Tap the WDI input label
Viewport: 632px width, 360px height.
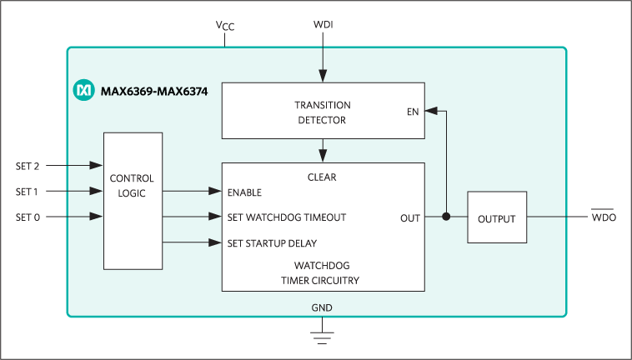[323, 25]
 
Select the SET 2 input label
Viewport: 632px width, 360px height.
[28, 166]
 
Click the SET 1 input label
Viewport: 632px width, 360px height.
[28, 192]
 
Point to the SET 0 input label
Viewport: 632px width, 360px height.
[28, 217]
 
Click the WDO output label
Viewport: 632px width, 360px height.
[604, 218]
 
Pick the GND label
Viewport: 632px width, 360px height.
[322, 307]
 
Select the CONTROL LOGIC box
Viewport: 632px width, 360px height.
[133, 200]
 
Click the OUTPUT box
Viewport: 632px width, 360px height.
[497, 218]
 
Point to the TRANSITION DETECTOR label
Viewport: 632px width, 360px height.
[322, 112]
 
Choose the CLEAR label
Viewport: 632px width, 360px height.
[322, 177]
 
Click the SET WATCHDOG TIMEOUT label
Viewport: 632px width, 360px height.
[286, 217]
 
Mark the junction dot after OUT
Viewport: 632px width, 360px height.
[446, 218]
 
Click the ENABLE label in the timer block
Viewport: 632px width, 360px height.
[244, 192]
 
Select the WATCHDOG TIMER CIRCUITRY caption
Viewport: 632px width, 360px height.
[322, 273]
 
